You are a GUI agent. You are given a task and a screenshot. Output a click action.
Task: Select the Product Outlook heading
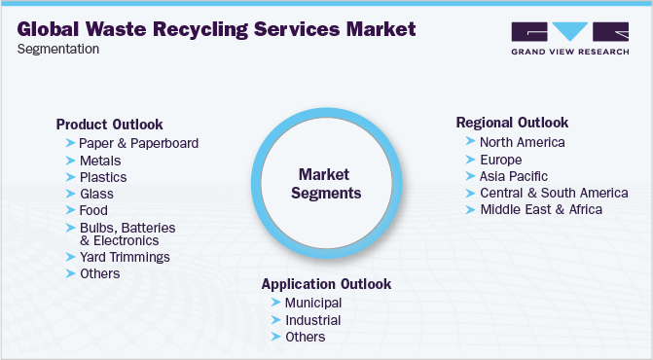[109, 125]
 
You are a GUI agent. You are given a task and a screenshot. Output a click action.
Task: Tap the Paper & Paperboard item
[138, 144]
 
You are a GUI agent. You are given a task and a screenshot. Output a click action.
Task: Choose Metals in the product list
[100, 161]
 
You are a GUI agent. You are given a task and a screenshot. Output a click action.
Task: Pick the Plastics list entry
[103, 177]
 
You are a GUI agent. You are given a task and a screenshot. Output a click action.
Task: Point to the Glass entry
[96, 194]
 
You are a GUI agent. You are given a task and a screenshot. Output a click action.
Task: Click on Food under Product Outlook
[93, 210]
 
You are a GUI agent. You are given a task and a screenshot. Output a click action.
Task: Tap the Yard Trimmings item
[125, 257]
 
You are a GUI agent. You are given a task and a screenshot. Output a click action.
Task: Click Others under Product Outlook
[100, 273]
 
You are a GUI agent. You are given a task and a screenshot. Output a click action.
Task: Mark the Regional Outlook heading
[512, 123]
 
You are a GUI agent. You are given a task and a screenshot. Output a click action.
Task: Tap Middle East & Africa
[540, 209]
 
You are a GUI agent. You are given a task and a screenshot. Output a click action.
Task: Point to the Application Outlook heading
[326, 284]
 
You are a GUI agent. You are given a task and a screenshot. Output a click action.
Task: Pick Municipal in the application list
[312, 303]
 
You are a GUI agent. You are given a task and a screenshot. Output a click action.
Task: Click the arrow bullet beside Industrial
[276, 320]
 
